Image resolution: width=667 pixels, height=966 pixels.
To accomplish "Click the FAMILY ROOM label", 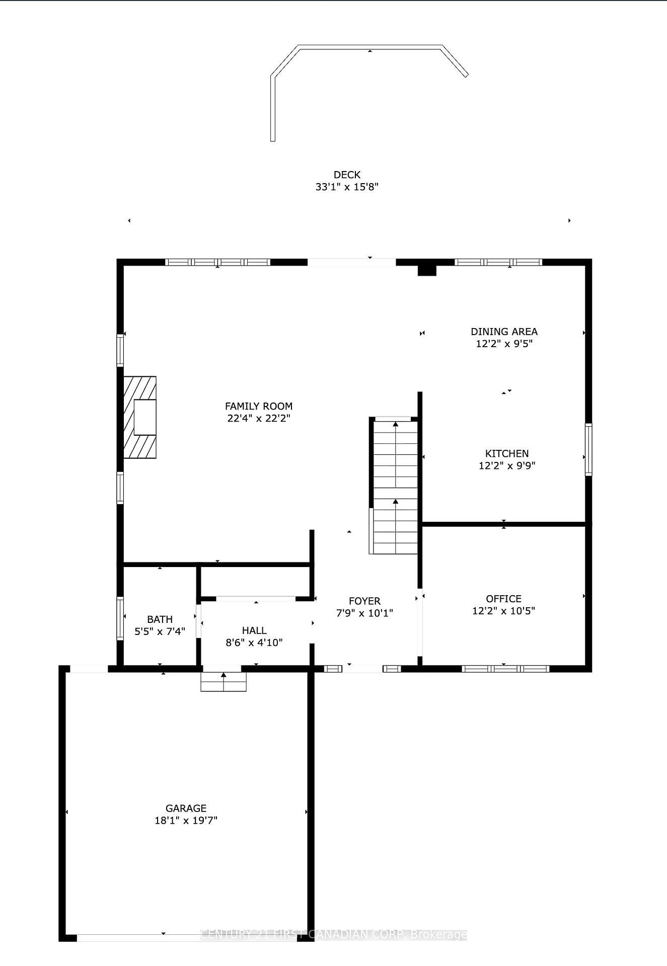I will [258, 406].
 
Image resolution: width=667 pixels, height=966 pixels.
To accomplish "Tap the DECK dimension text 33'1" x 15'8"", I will [347, 187].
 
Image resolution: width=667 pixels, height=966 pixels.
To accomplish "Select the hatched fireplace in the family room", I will [140, 417].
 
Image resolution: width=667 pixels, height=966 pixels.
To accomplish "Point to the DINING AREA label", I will [504, 332].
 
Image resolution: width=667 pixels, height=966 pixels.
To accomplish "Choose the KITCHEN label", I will [506, 453].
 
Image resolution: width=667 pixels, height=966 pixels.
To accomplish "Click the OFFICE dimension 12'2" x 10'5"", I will [503, 611].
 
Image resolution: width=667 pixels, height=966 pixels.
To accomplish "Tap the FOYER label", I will [364, 601].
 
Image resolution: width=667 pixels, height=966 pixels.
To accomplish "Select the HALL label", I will [254, 630].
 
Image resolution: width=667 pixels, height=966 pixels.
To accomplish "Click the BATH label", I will [160, 619].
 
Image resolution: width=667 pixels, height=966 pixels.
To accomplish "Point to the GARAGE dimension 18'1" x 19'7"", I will [186, 820].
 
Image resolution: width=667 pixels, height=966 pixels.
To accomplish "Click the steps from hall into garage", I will [224, 682].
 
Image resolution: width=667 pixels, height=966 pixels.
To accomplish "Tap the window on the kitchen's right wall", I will [588, 449].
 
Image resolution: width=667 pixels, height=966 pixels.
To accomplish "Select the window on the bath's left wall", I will [120, 618].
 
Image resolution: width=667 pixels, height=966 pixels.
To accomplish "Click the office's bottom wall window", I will [505, 669].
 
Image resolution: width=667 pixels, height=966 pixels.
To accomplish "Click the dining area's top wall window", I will [498, 262].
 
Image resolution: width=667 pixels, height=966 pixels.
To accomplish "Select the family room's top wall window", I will [218, 262].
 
